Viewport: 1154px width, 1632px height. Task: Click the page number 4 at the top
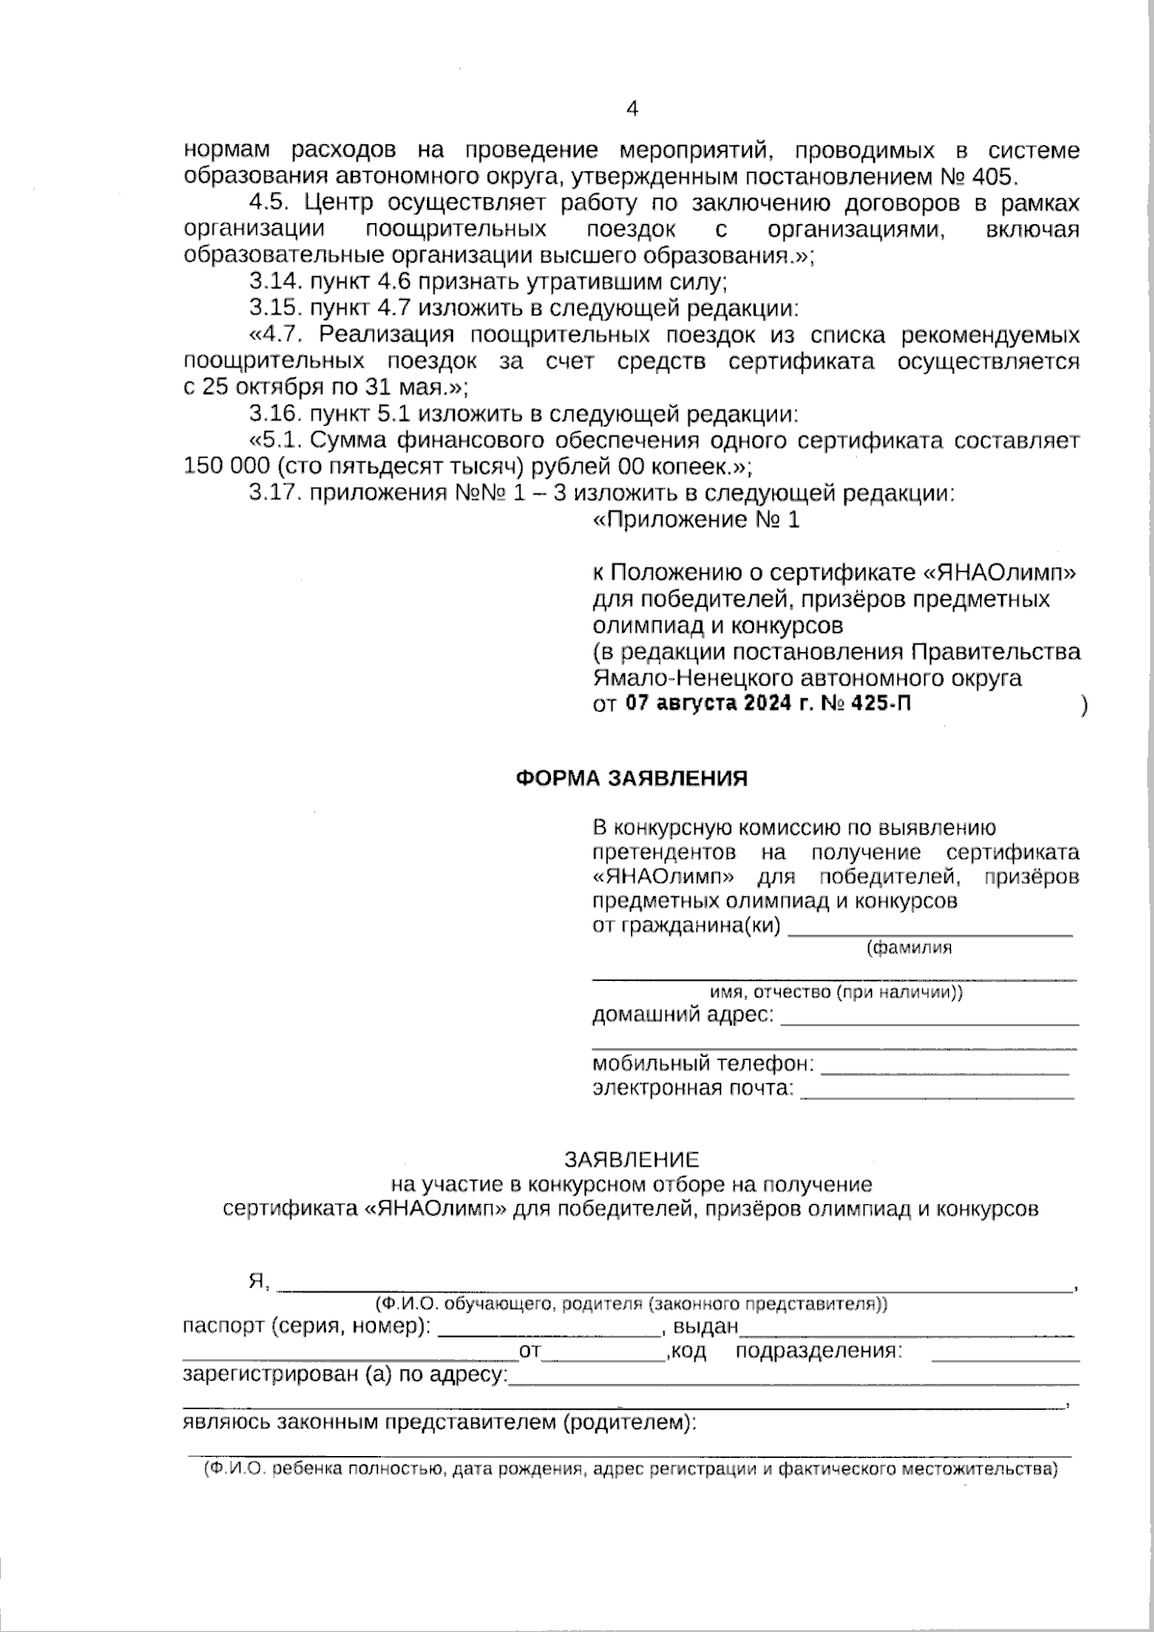point(632,109)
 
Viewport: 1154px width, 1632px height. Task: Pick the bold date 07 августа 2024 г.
point(717,704)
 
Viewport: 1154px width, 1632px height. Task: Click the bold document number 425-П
point(879,704)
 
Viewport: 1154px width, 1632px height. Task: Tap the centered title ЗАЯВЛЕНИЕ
point(631,1160)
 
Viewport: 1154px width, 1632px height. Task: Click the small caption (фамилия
point(909,948)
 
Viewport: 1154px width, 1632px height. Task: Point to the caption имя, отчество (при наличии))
point(835,993)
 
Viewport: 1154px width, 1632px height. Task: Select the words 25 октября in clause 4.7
point(255,388)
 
